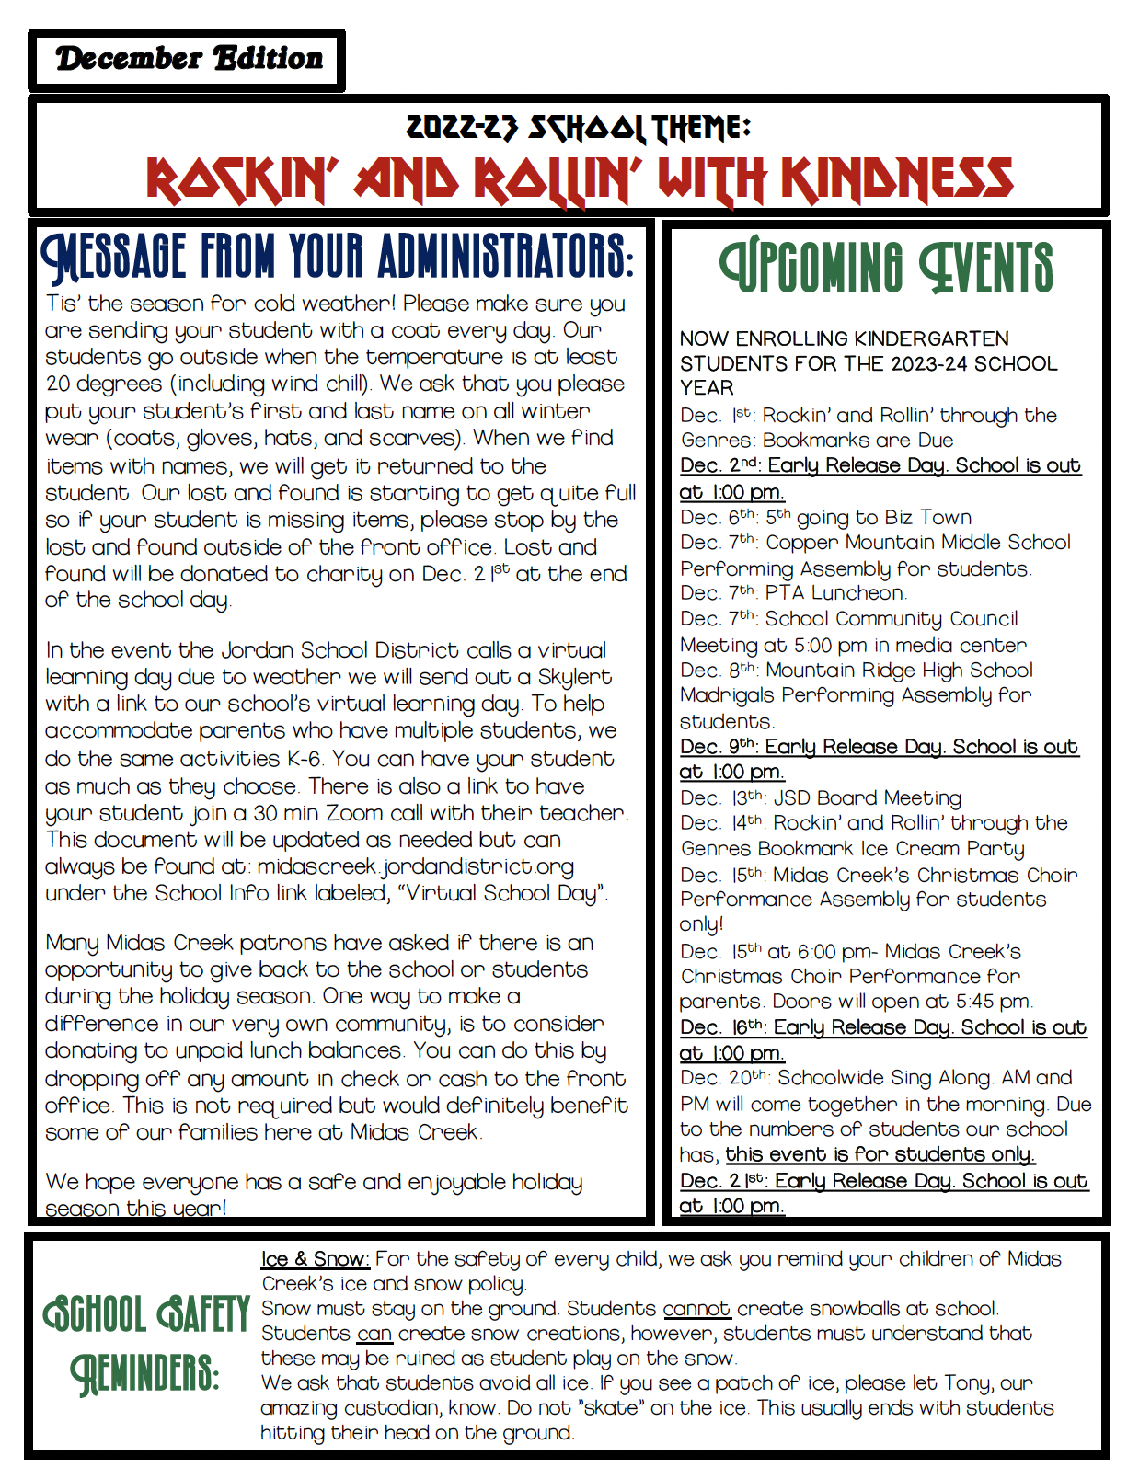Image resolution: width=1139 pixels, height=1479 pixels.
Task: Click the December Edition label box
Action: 188,60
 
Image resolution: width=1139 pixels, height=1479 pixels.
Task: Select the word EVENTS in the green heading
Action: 981,268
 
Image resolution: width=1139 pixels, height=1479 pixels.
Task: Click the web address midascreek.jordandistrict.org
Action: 416,866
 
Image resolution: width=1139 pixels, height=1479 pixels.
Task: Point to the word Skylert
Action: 574,677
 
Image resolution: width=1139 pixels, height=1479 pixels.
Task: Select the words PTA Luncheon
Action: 835,593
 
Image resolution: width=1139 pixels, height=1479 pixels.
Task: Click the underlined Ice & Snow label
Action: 315,1258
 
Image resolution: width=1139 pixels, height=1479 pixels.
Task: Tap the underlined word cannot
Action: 696,1308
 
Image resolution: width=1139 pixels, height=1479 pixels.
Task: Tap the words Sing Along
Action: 931,1077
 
